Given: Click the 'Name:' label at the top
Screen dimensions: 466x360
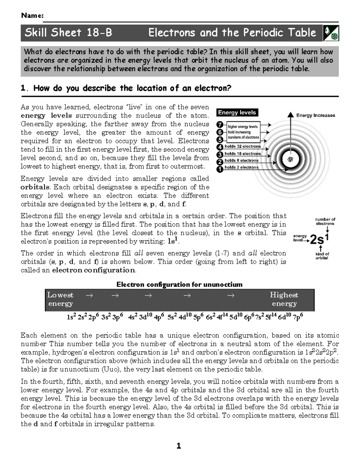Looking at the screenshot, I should (x=32, y=16).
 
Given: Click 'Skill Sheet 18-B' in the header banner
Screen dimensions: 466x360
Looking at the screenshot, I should (x=68, y=32).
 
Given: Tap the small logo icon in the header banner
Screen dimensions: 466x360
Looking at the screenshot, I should (x=331, y=33).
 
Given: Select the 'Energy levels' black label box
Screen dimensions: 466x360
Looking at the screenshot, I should (x=237, y=113).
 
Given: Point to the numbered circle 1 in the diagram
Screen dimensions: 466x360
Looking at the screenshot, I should (x=220, y=169).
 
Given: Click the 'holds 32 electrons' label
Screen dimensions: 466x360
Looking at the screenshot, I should (x=243, y=146).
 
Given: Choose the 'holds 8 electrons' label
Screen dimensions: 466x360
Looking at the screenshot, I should (x=241, y=161).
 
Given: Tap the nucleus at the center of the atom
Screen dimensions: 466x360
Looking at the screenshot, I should (x=290, y=160).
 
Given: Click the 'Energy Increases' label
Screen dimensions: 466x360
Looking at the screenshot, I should (x=316, y=115).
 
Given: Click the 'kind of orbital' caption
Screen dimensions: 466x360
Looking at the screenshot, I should (x=322, y=256).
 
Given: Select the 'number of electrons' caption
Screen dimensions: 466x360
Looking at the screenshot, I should (x=325, y=221).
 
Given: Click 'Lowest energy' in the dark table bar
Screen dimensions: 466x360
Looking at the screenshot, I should (x=60, y=299).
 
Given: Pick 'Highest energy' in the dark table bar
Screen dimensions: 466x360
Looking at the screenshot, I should (x=284, y=299).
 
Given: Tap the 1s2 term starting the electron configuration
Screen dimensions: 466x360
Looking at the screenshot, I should (x=71, y=317).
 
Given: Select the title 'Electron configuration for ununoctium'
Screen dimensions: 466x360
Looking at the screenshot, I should (x=179, y=284).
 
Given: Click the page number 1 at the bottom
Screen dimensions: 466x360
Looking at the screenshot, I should (x=179, y=446).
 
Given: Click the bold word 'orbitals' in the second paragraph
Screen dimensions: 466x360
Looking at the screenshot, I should (x=35, y=187).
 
